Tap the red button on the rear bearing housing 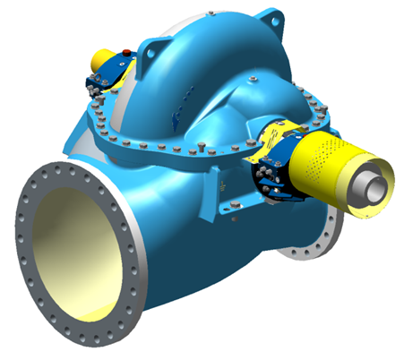(126, 51)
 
